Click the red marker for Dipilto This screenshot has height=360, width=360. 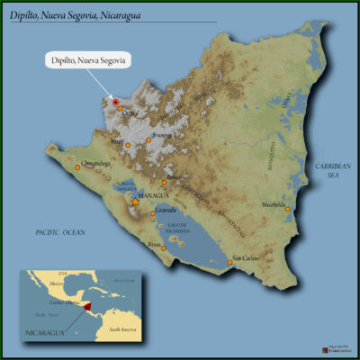116,102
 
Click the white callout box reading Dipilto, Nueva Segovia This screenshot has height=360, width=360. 87,60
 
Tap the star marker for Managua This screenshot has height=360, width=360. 135,202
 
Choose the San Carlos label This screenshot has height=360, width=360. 247,259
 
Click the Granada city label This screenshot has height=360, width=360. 166,210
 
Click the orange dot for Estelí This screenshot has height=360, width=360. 128,144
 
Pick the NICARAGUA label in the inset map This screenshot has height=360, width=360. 42,332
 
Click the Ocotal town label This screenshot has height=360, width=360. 130,113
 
